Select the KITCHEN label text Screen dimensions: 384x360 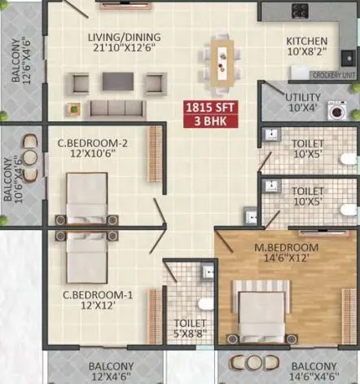pyautogui.click(x=307, y=42)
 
